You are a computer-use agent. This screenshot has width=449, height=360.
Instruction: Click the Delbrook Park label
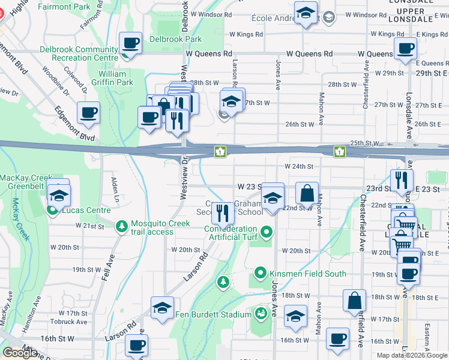coord(176,39)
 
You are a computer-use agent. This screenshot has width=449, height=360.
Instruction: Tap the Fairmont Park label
coord(64,7)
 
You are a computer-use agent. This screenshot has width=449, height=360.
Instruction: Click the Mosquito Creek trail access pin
coord(122,224)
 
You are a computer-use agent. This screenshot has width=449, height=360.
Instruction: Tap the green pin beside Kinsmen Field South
coord(261,274)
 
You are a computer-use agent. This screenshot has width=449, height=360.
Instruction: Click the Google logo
coord(21,352)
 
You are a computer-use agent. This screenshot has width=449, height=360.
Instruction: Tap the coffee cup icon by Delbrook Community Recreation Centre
coord(131,43)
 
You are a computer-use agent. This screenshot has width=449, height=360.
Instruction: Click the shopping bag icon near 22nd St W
coord(307,193)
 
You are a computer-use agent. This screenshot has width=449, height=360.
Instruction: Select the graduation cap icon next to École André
coord(306,13)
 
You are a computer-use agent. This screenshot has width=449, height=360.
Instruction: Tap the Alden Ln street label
coord(115,188)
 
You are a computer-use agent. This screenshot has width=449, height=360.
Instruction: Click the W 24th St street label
coord(300,166)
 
